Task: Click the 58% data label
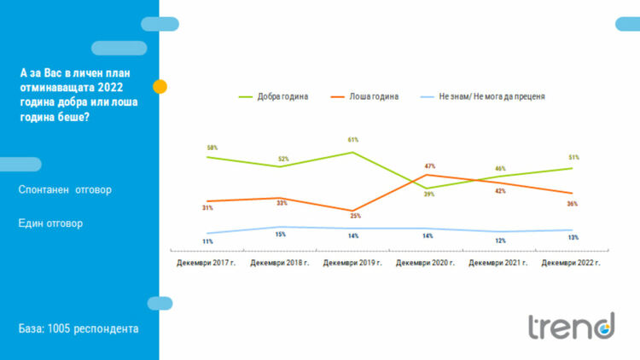[212, 148]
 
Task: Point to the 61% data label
[352, 139]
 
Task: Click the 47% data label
[429, 165]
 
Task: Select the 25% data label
[355, 216]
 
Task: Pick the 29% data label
[428, 194]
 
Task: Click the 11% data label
[207, 241]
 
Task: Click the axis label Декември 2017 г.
[208, 263]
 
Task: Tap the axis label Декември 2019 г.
[353, 263]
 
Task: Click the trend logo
[570, 326]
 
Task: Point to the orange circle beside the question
[160, 86]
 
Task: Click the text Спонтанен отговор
[65, 189]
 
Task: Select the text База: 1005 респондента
[78, 328]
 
